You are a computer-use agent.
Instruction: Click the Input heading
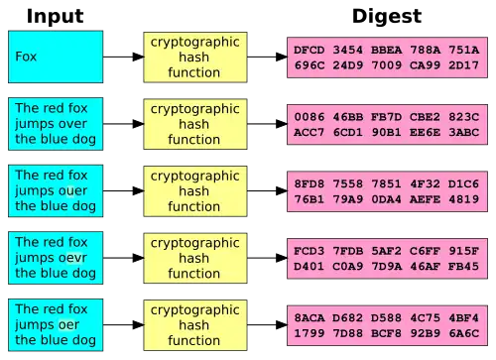[x=55, y=16]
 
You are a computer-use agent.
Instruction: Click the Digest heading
[x=387, y=17]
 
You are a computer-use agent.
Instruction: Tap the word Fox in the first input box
[x=26, y=57]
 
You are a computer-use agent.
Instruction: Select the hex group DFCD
[x=310, y=50]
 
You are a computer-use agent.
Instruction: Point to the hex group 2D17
[x=463, y=65]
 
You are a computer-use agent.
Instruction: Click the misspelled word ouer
[x=69, y=190]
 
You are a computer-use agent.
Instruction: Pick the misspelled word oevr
[x=69, y=258]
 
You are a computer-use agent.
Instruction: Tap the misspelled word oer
[x=65, y=325]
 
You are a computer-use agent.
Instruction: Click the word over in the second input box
[x=69, y=124]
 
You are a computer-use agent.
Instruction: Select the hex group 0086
[x=310, y=117]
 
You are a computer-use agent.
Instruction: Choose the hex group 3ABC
[x=463, y=132]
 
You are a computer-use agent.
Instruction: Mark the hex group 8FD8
[x=310, y=183]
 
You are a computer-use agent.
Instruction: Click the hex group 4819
[x=463, y=199]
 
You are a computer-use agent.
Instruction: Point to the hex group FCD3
[x=310, y=251]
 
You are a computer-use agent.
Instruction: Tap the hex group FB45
[x=463, y=267]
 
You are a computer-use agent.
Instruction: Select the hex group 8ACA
[x=310, y=318]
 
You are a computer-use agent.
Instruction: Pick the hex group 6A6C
[x=463, y=333]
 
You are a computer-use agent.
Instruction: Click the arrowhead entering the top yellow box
[x=139, y=57]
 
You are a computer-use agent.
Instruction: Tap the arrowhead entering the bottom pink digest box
[x=282, y=325]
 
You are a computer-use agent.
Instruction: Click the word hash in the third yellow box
[x=194, y=191]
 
